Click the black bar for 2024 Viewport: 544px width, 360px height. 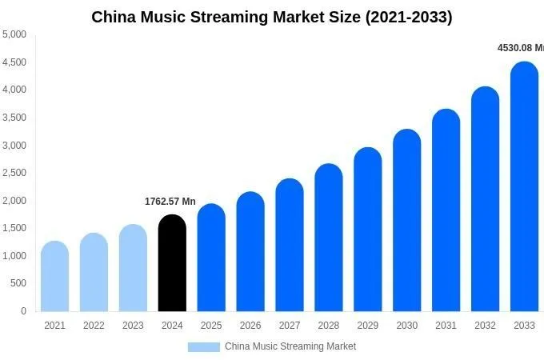tap(172, 264)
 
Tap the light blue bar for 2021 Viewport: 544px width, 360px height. tap(54, 277)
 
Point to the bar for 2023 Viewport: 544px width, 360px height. tap(133, 269)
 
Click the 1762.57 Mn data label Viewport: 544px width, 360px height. tap(170, 202)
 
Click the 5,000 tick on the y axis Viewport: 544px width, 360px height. tap(14, 34)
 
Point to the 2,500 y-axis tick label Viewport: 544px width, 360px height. tap(14, 173)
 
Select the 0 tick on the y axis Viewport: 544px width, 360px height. tap(23, 311)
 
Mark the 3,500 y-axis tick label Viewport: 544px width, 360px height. tap(14, 118)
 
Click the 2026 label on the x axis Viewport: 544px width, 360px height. tap(250, 326)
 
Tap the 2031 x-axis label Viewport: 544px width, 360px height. tap(446, 326)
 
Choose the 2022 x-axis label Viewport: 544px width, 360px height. tap(94, 326)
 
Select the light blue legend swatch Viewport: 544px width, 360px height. tap(203, 346)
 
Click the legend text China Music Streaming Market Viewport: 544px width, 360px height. tap(290, 346)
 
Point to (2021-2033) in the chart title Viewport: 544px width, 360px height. tap(408, 17)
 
